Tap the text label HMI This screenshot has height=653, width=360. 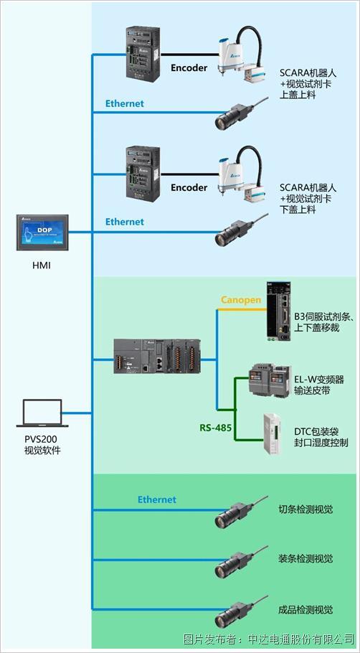[x=42, y=266]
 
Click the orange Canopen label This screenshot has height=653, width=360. [x=241, y=300]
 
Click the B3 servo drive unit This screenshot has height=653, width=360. [x=280, y=310]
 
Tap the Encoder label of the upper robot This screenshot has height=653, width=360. [x=189, y=68]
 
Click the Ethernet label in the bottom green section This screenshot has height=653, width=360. [x=156, y=499]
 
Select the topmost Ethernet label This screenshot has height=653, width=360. [x=124, y=103]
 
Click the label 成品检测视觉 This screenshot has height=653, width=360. [x=305, y=610]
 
